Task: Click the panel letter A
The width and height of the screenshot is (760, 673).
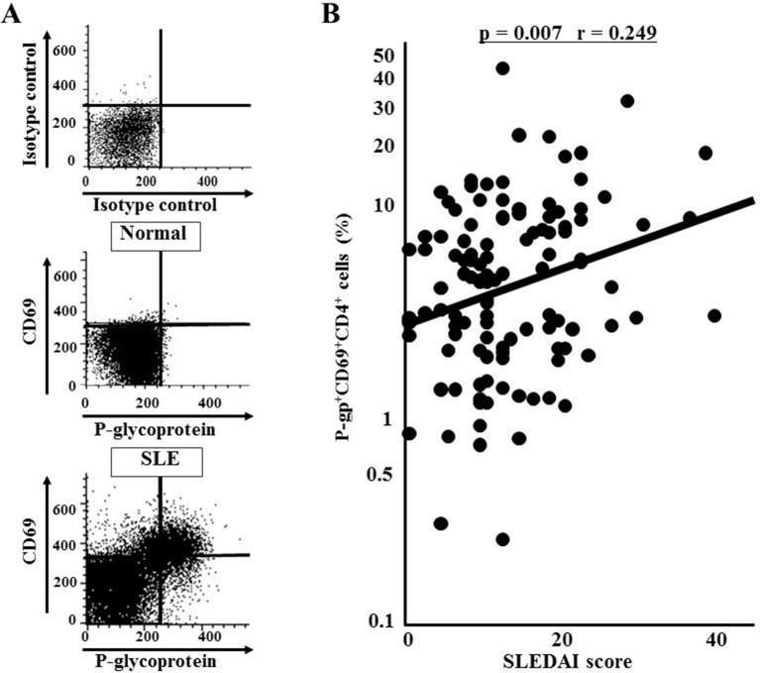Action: tap(11, 13)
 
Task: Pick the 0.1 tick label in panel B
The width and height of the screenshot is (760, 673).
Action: tap(380, 621)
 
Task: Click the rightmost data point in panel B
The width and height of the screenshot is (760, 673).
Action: tap(714, 315)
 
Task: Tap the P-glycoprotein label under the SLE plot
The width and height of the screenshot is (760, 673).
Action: tap(150, 657)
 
